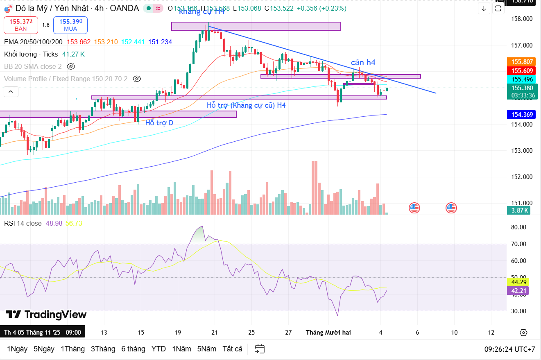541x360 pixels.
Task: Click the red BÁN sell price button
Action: (20, 25)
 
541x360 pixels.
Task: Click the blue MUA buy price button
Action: (70, 25)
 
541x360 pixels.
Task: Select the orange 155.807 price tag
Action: (522, 62)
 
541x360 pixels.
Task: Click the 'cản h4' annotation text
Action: (363, 63)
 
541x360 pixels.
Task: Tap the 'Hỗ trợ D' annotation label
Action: (159, 123)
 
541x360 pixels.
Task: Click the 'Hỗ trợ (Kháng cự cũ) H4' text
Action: (246, 105)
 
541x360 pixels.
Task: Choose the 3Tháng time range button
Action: (103, 349)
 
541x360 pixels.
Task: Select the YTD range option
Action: (158, 349)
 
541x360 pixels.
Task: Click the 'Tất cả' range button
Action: (232, 349)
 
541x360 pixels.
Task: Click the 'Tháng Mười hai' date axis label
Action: (328, 333)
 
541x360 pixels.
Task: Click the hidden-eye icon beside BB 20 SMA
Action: (71, 66)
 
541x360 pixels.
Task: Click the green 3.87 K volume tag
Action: (520, 211)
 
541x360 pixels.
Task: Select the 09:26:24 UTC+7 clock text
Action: (509, 349)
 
